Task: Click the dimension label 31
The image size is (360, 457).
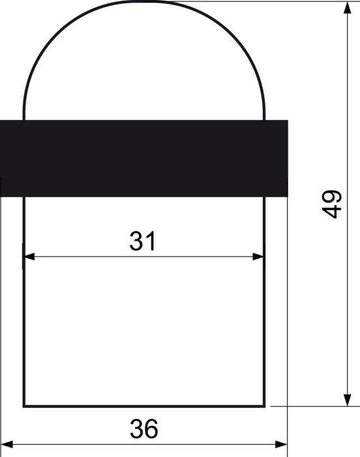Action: [x=143, y=241]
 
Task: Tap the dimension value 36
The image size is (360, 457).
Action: [x=144, y=429]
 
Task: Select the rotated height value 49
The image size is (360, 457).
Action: [x=332, y=204]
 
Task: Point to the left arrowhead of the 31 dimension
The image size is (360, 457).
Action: [x=29, y=257]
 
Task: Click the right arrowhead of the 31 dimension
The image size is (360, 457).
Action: [x=258, y=257]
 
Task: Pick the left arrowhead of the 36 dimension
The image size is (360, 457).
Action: [x=7, y=445]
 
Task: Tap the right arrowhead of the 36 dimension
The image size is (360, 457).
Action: [x=281, y=445]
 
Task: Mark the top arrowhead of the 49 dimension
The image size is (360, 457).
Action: [x=347, y=8]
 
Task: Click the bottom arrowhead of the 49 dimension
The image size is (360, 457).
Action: [x=347, y=400]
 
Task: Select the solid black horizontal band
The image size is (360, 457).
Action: [x=144, y=158]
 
